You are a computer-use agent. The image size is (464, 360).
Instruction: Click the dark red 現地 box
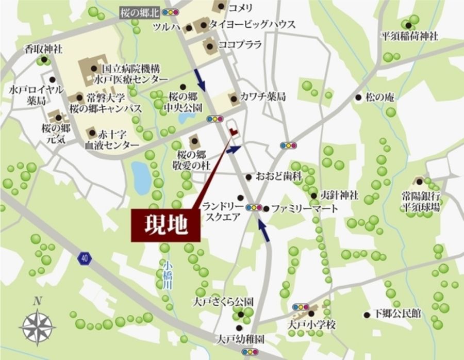[x=165, y=225]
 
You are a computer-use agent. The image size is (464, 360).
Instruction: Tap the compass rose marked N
[x=37, y=323]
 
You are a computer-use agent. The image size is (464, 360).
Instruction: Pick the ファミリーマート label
[x=305, y=209]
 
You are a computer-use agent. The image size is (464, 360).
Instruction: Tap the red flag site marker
[x=234, y=132]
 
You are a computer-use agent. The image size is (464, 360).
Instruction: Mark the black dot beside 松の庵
[x=358, y=97]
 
